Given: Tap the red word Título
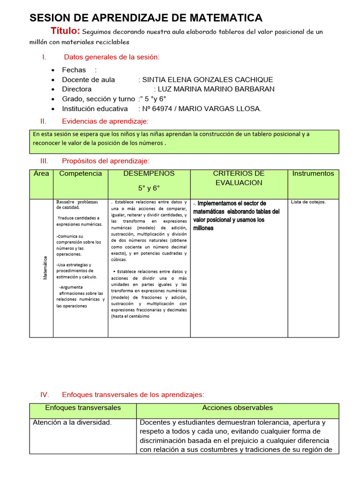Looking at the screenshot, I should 65,31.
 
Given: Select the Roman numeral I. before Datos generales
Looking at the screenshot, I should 44,57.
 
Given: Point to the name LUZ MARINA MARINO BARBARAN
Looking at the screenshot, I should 216,89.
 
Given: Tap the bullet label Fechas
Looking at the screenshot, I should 74,70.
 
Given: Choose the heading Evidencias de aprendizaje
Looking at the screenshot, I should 105,121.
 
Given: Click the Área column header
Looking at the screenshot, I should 41,173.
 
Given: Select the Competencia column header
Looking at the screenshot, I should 80,173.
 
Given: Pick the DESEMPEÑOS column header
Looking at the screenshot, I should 149,173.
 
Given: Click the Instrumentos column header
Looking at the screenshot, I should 313,173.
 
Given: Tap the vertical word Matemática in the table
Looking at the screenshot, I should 45,268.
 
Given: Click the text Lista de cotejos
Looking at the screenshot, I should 308,202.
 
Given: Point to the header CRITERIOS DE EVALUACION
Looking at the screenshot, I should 239,178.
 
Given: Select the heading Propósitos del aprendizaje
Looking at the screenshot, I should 105,161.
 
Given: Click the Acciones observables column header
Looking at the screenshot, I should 237,408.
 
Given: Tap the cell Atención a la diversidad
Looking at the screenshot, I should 72,422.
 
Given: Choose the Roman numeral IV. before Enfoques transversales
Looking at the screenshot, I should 45,395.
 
